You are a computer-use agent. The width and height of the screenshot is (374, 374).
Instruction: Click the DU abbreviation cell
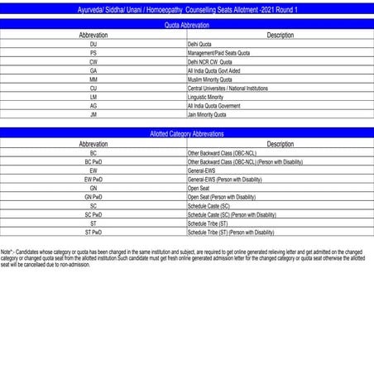click(x=93, y=44)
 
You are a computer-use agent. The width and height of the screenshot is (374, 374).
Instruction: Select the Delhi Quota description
click(x=199, y=44)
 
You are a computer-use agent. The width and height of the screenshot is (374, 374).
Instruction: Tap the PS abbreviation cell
click(x=93, y=53)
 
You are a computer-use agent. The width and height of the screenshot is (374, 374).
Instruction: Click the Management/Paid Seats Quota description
click(x=218, y=53)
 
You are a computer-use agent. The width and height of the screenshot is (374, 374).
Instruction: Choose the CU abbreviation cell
click(x=93, y=88)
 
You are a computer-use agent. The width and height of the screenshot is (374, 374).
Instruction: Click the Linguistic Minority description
click(x=206, y=97)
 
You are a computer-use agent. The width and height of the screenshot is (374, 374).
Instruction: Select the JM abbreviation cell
click(x=93, y=115)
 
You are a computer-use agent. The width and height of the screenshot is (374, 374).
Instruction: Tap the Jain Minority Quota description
click(x=207, y=115)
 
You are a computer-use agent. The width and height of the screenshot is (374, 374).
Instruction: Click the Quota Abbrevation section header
click(x=187, y=26)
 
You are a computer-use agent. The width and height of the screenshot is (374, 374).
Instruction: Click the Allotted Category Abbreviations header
click(x=187, y=133)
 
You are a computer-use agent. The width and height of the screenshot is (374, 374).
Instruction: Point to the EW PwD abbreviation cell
click(x=93, y=180)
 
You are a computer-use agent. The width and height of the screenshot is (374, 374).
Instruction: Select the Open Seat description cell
click(x=199, y=189)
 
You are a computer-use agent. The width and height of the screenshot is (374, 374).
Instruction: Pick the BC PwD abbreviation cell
click(x=93, y=162)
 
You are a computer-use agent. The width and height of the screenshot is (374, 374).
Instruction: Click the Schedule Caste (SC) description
click(x=209, y=206)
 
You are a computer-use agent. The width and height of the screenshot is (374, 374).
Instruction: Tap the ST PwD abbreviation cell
click(x=93, y=233)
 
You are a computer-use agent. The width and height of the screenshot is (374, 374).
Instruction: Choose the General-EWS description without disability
click(x=204, y=170)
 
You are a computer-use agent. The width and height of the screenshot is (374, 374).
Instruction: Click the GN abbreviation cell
click(x=93, y=189)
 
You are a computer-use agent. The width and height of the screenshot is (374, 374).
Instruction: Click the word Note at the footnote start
click(x=7, y=251)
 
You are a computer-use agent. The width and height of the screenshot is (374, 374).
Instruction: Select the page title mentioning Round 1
click(x=187, y=8)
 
